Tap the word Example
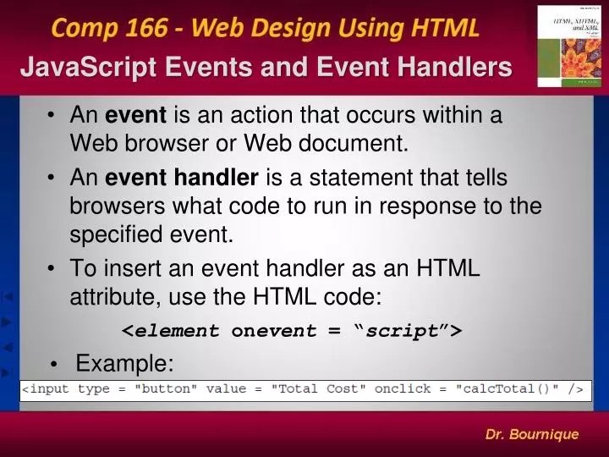coord(124,364)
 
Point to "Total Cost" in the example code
coord(320,389)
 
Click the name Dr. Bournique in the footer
coord(531,434)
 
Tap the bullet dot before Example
coord(54,366)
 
